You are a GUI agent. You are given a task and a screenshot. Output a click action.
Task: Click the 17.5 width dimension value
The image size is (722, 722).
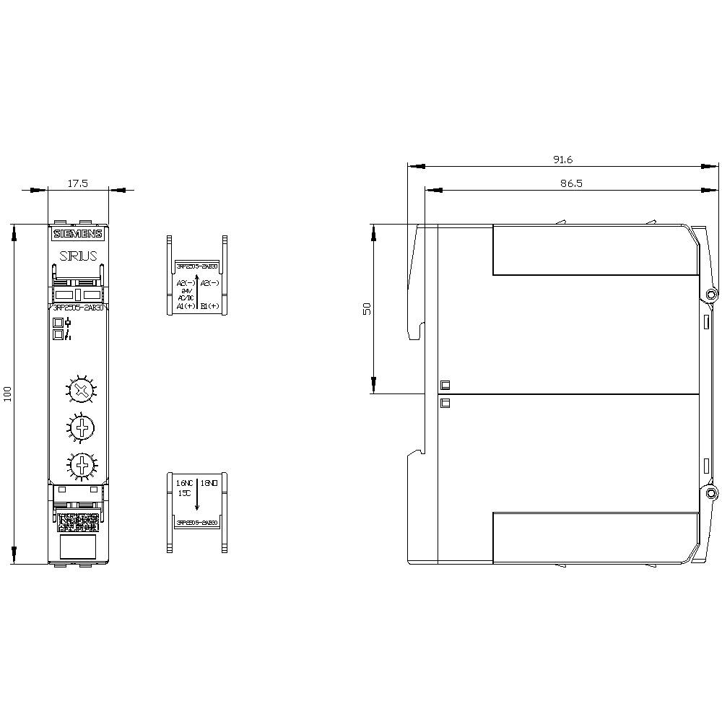pyautogui.click(x=77, y=183)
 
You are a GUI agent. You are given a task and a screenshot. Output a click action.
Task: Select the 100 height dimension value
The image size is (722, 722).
pyautogui.click(x=8, y=394)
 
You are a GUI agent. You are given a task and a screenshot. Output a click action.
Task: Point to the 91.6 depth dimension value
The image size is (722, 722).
pyautogui.click(x=562, y=160)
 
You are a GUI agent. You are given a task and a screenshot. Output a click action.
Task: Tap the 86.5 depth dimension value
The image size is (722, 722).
pyautogui.click(x=570, y=184)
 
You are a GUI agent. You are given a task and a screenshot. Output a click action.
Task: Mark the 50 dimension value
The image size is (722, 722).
pyautogui.click(x=367, y=308)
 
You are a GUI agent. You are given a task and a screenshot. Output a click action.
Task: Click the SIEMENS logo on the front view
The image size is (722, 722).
pyautogui.click(x=78, y=233)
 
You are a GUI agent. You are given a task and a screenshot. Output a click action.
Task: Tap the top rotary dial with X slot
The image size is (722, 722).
pyautogui.click(x=83, y=391)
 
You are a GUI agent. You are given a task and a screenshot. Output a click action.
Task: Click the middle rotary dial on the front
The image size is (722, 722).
pyautogui.click(x=83, y=427)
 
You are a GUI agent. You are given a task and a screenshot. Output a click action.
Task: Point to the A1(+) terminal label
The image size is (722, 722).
pyautogui.click(x=186, y=306)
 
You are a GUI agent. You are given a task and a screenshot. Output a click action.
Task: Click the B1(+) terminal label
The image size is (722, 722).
pyautogui.click(x=210, y=306)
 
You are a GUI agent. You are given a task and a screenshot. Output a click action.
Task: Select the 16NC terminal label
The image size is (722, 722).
pyautogui.click(x=185, y=482)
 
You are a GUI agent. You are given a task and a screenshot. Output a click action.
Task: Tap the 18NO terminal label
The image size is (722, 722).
pyautogui.click(x=209, y=482)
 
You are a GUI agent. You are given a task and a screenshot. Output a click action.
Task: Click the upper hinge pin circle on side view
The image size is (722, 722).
pyautogui.click(x=711, y=295)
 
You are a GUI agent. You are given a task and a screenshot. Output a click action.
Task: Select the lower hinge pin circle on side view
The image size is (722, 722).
pyautogui.click(x=711, y=493)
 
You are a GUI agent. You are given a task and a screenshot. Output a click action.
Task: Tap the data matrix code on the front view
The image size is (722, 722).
pyautogui.click(x=78, y=519)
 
